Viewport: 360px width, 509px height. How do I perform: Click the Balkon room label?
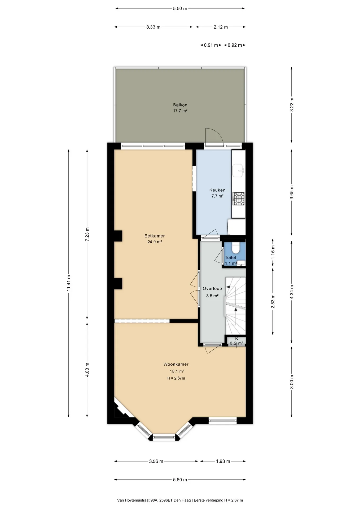(x=180, y=105)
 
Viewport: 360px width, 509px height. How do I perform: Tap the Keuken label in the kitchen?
(x=217, y=190)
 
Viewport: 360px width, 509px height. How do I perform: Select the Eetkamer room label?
(x=155, y=236)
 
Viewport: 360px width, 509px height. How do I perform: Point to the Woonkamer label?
(x=176, y=364)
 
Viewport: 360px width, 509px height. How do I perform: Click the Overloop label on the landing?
(x=212, y=288)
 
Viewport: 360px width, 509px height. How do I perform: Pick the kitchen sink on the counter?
(x=238, y=170)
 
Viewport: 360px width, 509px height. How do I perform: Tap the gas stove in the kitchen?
(x=239, y=199)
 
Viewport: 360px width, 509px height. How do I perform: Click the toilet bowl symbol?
(x=235, y=248)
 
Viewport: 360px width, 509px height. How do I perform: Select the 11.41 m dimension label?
(x=69, y=283)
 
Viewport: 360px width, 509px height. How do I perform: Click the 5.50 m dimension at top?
(x=180, y=8)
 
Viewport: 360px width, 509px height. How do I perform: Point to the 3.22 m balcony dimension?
(x=292, y=105)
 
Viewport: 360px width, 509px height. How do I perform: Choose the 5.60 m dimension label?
(x=180, y=480)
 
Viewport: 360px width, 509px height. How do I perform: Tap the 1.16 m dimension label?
(x=273, y=252)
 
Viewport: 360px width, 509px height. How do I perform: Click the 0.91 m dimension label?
(x=211, y=45)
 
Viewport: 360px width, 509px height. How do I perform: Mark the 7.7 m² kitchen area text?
(x=217, y=196)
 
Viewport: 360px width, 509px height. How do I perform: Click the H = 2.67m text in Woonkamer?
(x=176, y=378)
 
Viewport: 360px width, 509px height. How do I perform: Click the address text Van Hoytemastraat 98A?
(x=137, y=500)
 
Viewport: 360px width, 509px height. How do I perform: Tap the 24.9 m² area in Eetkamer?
(x=155, y=242)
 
